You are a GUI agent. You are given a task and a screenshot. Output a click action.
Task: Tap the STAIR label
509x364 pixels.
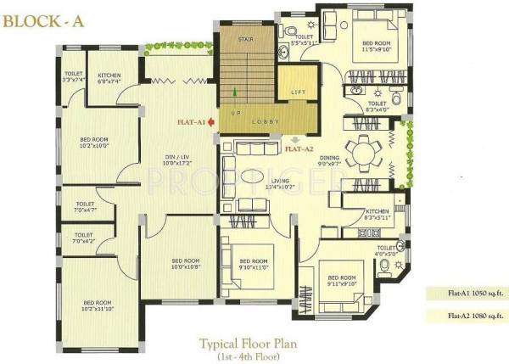click(244, 38)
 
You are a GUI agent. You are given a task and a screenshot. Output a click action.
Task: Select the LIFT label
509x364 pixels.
click(297, 92)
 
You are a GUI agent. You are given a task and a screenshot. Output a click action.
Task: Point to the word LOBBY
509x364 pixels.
click(263, 121)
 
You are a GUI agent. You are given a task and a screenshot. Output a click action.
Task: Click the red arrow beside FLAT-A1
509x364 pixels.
click(210, 121)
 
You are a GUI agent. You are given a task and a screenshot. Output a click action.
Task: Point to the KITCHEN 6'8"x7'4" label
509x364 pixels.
click(109, 78)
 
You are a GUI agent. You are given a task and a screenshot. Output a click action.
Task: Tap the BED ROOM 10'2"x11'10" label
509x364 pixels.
click(97, 305)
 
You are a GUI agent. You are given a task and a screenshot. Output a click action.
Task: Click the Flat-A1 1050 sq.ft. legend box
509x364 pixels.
click(466, 294)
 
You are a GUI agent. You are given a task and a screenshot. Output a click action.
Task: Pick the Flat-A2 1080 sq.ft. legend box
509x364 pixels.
click(466, 316)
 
